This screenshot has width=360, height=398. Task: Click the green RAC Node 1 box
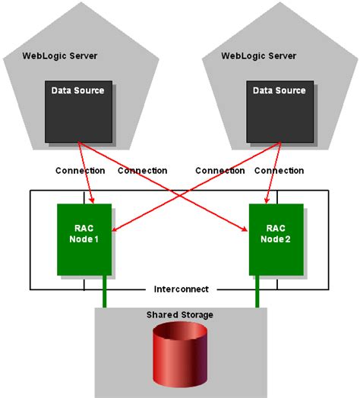pyautogui.click(x=84, y=239)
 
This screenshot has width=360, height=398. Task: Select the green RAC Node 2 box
pyautogui.click(x=276, y=239)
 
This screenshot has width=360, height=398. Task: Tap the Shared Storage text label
pyautogui.click(x=180, y=315)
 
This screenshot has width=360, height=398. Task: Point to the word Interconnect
pyautogui.click(x=181, y=289)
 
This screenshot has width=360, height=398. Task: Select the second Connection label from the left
pyautogui.click(x=142, y=171)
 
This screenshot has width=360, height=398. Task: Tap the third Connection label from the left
pyautogui.click(x=219, y=171)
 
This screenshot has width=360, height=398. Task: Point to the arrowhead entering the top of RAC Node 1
pyautogui.click(x=93, y=201)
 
